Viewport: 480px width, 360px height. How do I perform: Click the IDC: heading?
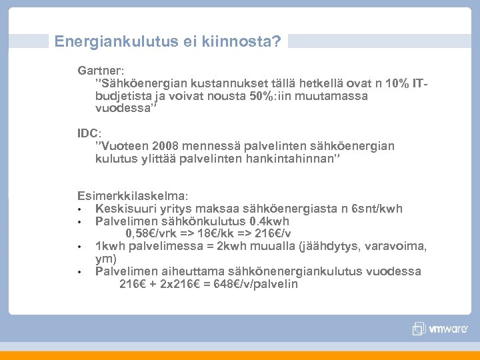89,133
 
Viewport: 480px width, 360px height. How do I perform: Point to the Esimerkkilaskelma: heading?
133,196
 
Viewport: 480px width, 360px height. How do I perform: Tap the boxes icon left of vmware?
419,328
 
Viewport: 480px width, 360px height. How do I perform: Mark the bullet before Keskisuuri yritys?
79,209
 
